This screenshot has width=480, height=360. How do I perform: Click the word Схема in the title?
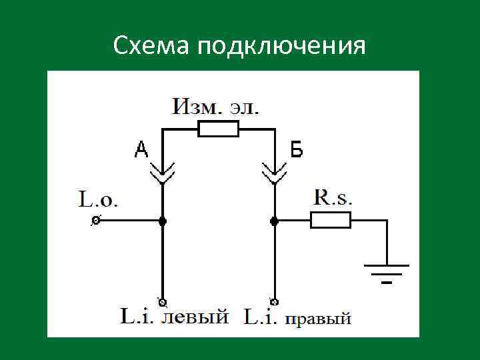[151, 46]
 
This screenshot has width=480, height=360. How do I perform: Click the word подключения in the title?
[281, 47]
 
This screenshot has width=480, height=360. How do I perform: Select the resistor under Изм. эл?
[218, 129]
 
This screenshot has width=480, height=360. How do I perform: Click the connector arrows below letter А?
[162, 174]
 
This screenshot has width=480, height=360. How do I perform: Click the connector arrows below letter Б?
[273, 174]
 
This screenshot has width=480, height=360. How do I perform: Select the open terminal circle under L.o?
[95, 220]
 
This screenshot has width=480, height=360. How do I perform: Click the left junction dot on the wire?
[162, 220]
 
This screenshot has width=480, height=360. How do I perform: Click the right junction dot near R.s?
[273, 220]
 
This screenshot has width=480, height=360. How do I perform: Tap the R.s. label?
[333, 197]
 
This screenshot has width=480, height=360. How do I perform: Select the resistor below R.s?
[330, 220]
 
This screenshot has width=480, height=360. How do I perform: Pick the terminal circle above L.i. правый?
[273, 300]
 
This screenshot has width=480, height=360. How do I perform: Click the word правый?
[318, 318]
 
